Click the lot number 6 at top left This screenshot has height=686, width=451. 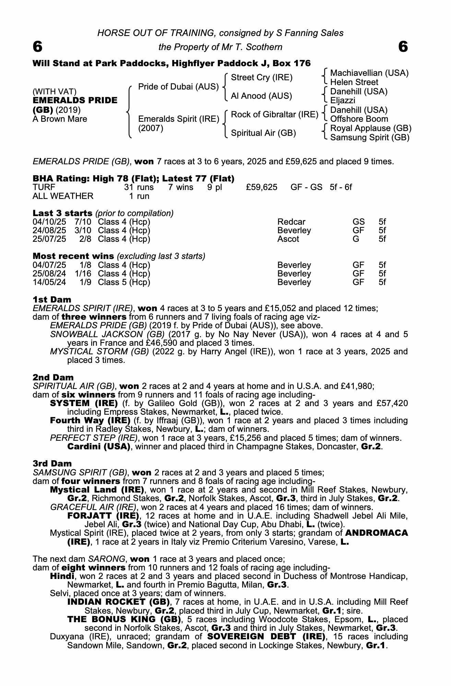click(37, 47)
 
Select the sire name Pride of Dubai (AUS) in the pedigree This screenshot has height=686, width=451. click(178, 87)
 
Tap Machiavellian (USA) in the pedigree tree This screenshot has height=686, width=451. click(369, 73)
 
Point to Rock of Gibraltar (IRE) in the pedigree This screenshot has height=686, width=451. click(274, 115)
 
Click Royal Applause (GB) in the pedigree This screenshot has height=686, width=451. click(370, 128)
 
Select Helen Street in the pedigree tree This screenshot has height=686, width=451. click(354, 82)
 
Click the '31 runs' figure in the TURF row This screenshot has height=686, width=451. click(139, 187)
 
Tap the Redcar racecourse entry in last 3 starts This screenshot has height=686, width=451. click(291, 222)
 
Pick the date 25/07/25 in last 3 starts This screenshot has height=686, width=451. click(49, 239)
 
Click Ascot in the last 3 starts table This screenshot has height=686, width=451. click(288, 239)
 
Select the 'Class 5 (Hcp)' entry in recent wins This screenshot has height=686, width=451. click(124, 282)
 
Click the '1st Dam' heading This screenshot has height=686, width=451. click(52, 299)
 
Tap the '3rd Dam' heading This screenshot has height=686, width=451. click(52, 463)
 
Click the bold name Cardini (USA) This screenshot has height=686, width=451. click(99, 447)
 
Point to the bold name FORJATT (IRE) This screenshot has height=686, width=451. click(103, 516)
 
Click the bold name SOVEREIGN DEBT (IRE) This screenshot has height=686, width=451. click(266, 637)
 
